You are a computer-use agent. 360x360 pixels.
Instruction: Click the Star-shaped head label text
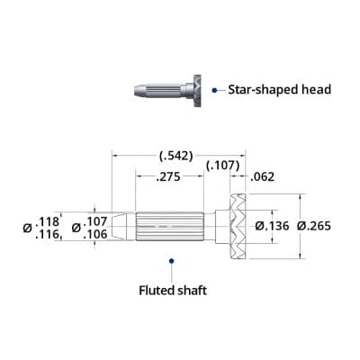[279, 89]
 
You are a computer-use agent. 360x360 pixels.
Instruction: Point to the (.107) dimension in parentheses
[223, 166]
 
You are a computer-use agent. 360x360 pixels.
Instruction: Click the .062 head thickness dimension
[263, 178]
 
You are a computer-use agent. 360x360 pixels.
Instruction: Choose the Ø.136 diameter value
[273, 226]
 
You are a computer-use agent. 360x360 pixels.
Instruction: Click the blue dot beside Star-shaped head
[214, 89]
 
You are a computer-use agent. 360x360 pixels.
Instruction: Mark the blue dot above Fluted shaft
[171, 262]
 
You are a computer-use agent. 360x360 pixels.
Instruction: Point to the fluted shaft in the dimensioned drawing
[172, 226]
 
